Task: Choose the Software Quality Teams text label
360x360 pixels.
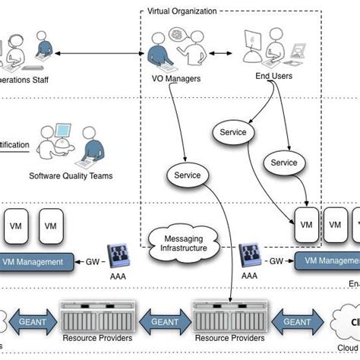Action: [71, 175]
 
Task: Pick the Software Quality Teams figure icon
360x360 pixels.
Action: [71, 144]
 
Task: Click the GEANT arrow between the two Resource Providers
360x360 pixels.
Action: [166, 321]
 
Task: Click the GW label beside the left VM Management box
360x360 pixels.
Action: [92, 261]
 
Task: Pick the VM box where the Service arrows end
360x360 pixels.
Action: [307, 226]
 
